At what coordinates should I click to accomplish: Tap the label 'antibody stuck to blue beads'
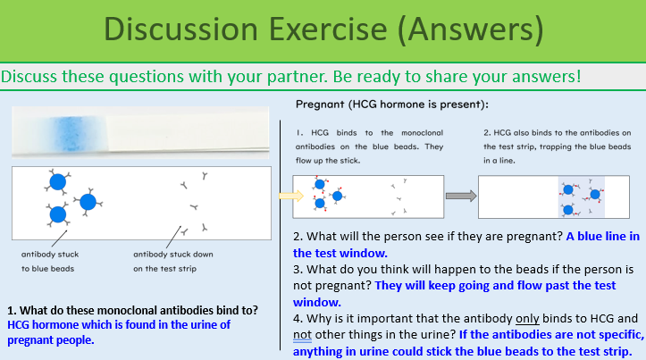pyautogui.click(x=49, y=259)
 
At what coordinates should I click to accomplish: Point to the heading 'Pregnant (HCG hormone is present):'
pyautogui.click(x=391, y=105)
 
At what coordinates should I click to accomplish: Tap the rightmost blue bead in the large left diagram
pyautogui.click(x=88, y=202)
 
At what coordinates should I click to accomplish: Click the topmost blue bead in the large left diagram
pyautogui.click(x=57, y=182)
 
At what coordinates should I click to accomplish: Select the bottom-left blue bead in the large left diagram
pyautogui.click(x=58, y=214)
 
